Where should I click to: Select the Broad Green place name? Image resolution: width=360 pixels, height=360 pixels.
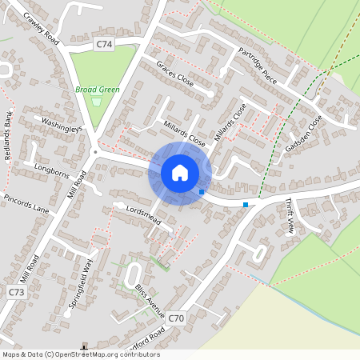pos(98,90)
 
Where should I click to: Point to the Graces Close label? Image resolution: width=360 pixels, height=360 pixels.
pos(175,74)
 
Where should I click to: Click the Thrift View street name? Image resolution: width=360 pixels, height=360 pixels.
pos(290,217)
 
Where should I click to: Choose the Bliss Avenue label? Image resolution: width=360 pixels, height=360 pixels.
pos(149,297)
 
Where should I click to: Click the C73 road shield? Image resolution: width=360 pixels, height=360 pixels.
pos(17,293)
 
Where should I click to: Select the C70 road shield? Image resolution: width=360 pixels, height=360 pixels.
pos(176,318)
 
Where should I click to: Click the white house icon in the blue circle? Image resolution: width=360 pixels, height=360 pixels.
pos(180,173)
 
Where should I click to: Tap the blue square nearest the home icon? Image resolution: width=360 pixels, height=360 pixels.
pos(202,192)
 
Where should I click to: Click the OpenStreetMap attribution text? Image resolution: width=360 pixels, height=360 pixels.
pos(80,354)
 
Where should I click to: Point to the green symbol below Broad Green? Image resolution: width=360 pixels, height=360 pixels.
pos(98,102)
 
